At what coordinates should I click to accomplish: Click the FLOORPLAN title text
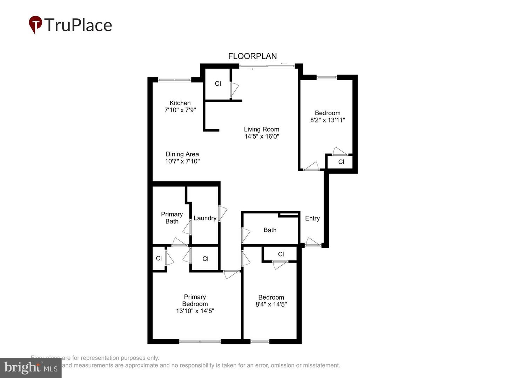[252, 56]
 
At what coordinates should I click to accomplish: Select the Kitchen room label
[180, 103]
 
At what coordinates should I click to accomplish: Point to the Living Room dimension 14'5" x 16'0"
[262, 136]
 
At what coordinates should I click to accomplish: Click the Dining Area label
[182, 154]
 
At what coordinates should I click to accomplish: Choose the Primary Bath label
[172, 218]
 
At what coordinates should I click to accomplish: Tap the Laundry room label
[205, 218]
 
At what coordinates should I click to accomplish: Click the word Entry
[312, 218]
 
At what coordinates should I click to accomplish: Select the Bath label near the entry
[270, 230]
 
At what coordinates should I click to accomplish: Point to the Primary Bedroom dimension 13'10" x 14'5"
[195, 311]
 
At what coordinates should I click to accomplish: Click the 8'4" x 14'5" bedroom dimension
[271, 304]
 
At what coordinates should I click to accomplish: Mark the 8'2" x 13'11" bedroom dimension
[328, 120]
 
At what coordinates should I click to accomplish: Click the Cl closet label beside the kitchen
[218, 84]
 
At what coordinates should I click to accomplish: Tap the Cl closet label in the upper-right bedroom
[341, 162]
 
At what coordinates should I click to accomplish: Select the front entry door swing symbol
[313, 242]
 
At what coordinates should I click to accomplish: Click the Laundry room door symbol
[222, 213]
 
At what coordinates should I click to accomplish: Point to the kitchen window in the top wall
[174, 80]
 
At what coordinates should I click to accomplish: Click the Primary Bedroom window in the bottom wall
[200, 341]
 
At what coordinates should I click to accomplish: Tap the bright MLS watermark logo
[31, 367]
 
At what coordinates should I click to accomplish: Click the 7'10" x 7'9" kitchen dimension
[180, 110]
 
